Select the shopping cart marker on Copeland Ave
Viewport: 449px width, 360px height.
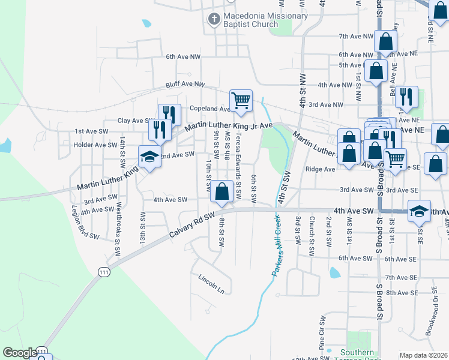(x=241, y=101)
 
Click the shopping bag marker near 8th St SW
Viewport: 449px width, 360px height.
(x=222, y=192)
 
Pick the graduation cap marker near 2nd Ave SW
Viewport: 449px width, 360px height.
(x=149, y=157)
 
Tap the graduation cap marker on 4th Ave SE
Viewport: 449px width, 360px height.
(x=419, y=211)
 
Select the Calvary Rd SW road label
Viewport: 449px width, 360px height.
(x=191, y=225)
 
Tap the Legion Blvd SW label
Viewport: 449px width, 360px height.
(x=85, y=223)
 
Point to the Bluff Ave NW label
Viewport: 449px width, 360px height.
(x=185, y=85)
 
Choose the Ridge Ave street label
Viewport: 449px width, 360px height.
(x=320, y=169)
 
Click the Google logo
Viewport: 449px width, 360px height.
(x=20, y=353)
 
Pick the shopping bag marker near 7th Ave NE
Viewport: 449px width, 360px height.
(x=386, y=41)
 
